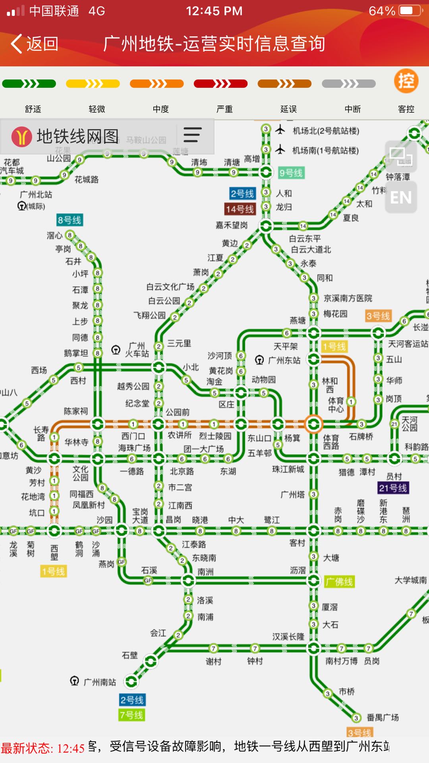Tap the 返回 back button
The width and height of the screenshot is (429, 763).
35,44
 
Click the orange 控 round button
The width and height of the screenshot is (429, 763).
406,81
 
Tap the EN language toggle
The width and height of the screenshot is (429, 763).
401,198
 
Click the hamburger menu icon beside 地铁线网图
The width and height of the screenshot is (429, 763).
192,135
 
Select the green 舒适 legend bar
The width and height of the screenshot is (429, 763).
29,84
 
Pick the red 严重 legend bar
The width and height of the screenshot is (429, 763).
220,84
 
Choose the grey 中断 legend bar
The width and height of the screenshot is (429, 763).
348,84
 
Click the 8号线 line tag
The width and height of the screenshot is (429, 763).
70,220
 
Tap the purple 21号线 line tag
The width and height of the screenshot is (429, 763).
393,488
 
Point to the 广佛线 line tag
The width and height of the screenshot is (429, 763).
339,582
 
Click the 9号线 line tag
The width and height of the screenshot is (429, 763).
291,173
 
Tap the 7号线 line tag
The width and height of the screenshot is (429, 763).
131,715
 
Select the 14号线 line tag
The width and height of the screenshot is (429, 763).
240,209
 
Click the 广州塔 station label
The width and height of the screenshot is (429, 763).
292,495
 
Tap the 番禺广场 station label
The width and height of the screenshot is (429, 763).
383,717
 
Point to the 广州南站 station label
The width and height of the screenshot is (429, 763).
100,682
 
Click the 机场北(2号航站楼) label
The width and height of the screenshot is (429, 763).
326,131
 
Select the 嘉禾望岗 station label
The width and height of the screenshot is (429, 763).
232,225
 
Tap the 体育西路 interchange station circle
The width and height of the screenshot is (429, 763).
313,424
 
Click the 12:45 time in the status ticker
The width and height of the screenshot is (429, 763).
71,748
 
